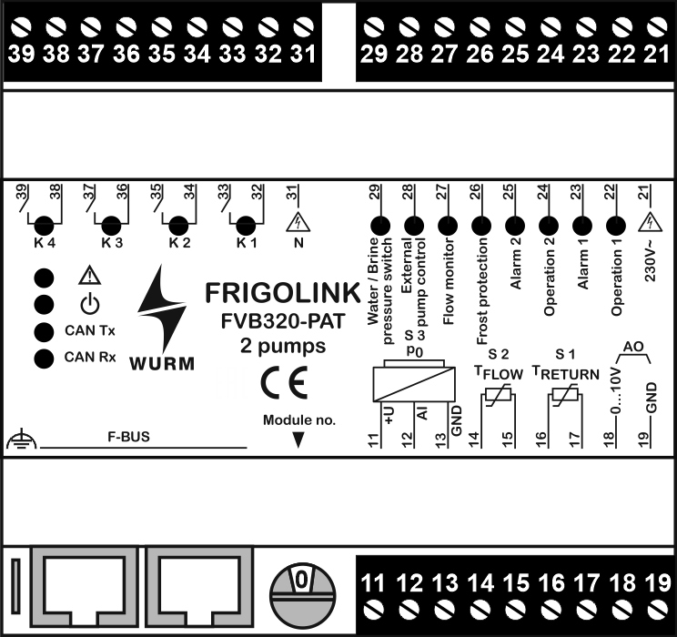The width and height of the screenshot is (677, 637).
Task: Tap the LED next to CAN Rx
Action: coord(42,358)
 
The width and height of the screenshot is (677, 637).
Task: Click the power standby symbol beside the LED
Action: coord(87,304)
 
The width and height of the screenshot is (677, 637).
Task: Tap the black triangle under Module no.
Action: coord(298,441)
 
